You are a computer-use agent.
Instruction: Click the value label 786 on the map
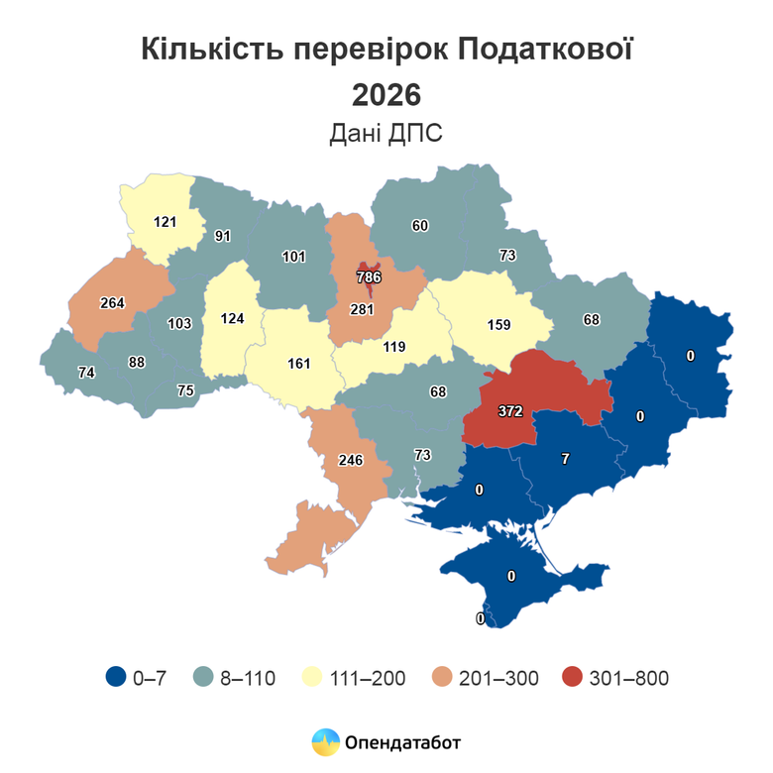[369, 277]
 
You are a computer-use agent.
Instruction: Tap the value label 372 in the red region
[510, 409]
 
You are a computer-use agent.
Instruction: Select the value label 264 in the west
[112, 303]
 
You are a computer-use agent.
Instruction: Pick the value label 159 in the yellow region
[498, 323]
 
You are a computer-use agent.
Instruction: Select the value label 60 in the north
[420, 226]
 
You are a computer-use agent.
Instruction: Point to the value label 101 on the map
[292, 257]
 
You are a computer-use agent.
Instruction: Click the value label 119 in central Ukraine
[394, 347]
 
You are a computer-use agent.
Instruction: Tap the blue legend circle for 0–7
[114, 678]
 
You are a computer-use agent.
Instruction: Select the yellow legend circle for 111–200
[309, 678]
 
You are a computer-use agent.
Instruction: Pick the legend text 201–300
[500, 679]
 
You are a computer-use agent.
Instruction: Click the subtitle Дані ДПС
[386, 135]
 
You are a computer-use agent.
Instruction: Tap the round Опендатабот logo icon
[325, 741]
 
